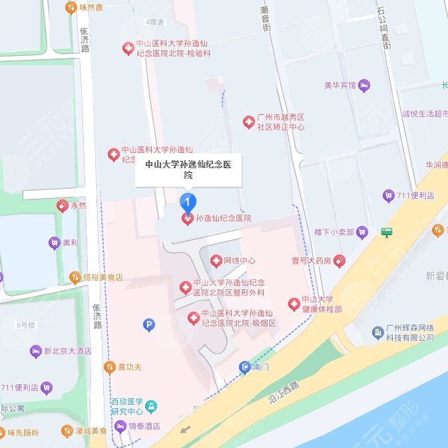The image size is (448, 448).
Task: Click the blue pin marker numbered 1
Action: (x=189, y=201)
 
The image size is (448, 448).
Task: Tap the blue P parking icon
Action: (x=149, y=324)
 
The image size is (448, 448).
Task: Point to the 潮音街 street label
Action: (x=265, y=21)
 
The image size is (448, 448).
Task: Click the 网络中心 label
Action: (x=239, y=261)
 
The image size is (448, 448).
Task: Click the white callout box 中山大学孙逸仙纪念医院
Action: (x=188, y=170)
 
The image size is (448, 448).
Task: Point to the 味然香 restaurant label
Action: (x=90, y=8)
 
